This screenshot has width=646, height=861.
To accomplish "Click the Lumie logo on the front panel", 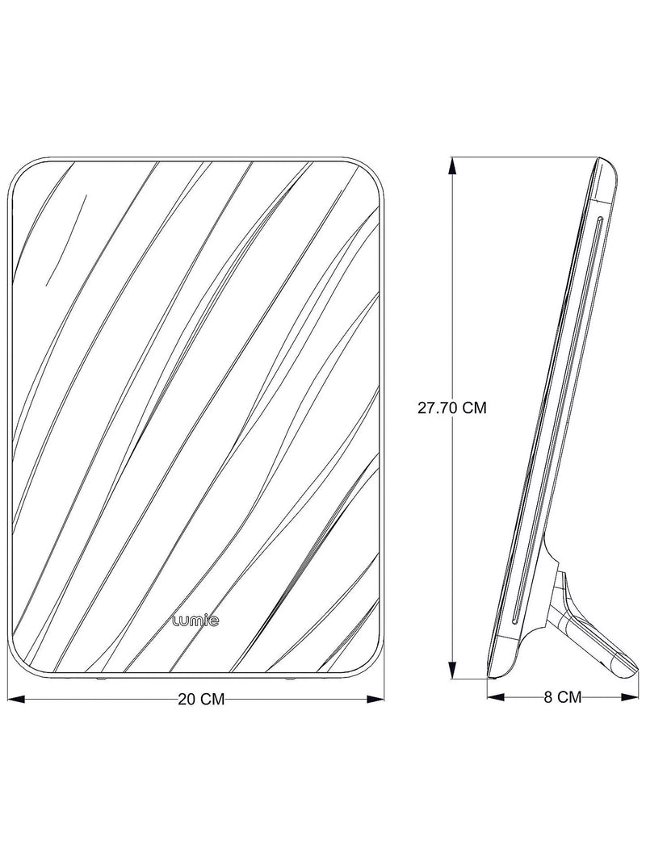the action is (195, 621).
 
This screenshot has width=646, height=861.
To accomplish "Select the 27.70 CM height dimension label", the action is (452, 408).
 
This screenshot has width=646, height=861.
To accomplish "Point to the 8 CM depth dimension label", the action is (563, 697).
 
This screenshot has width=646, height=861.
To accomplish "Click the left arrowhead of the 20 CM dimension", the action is (15, 699).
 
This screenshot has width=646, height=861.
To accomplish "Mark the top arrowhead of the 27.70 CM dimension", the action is (453, 167).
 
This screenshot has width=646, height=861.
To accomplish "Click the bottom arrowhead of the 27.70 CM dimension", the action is (453, 668).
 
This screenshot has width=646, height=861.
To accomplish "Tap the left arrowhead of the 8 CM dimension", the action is (496, 697).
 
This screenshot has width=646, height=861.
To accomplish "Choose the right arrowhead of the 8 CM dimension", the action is (630, 697).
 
